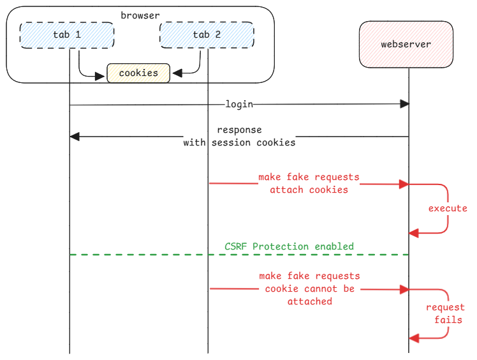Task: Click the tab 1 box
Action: tap(67, 34)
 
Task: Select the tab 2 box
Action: tap(207, 34)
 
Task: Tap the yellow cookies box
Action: tap(138, 73)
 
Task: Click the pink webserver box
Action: tap(406, 45)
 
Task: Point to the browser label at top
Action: tap(140, 15)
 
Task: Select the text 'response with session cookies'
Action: tap(239, 137)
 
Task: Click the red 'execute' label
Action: tap(447, 209)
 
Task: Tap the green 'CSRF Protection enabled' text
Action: tap(289, 246)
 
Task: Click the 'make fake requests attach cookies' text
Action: tap(309, 183)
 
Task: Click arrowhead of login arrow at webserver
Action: tap(404, 104)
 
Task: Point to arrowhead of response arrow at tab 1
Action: tap(74, 137)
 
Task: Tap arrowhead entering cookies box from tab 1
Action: tap(101, 77)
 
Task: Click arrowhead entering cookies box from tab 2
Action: tap(177, 74)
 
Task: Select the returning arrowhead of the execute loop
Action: tap(413, 234)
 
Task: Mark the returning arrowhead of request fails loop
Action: tap(413, 338)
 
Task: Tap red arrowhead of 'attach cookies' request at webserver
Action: tap(404, 184)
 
